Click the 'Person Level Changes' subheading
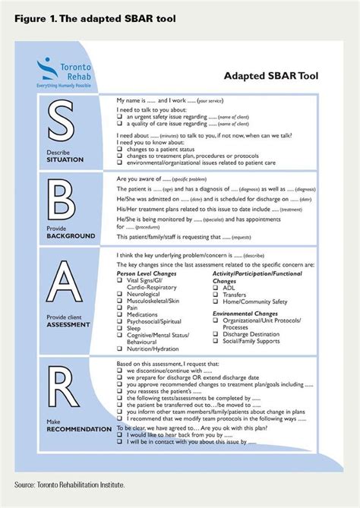[x=149, y=271]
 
